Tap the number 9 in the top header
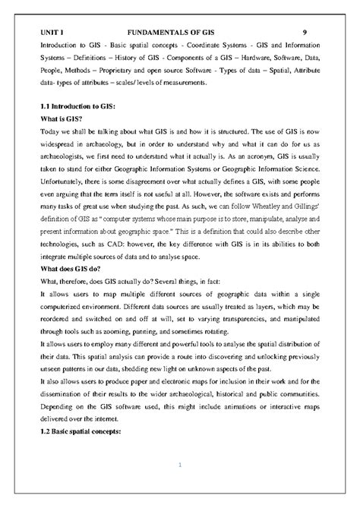pos(305,33)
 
